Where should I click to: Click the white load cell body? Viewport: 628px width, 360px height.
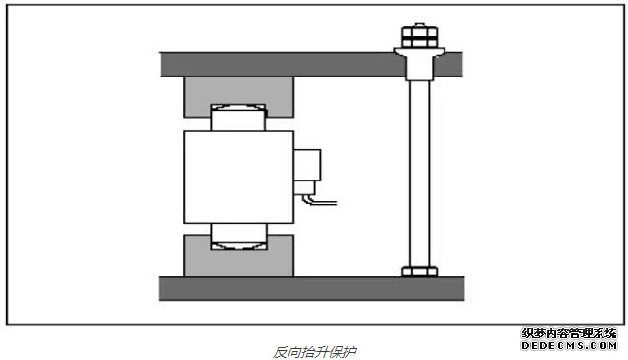click(238, 176)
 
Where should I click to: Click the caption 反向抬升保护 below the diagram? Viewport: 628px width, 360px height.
click(315, 349)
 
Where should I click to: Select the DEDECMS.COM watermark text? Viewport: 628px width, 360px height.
click(568, 346)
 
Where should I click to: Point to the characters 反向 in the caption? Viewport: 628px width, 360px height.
click(285, 349)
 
